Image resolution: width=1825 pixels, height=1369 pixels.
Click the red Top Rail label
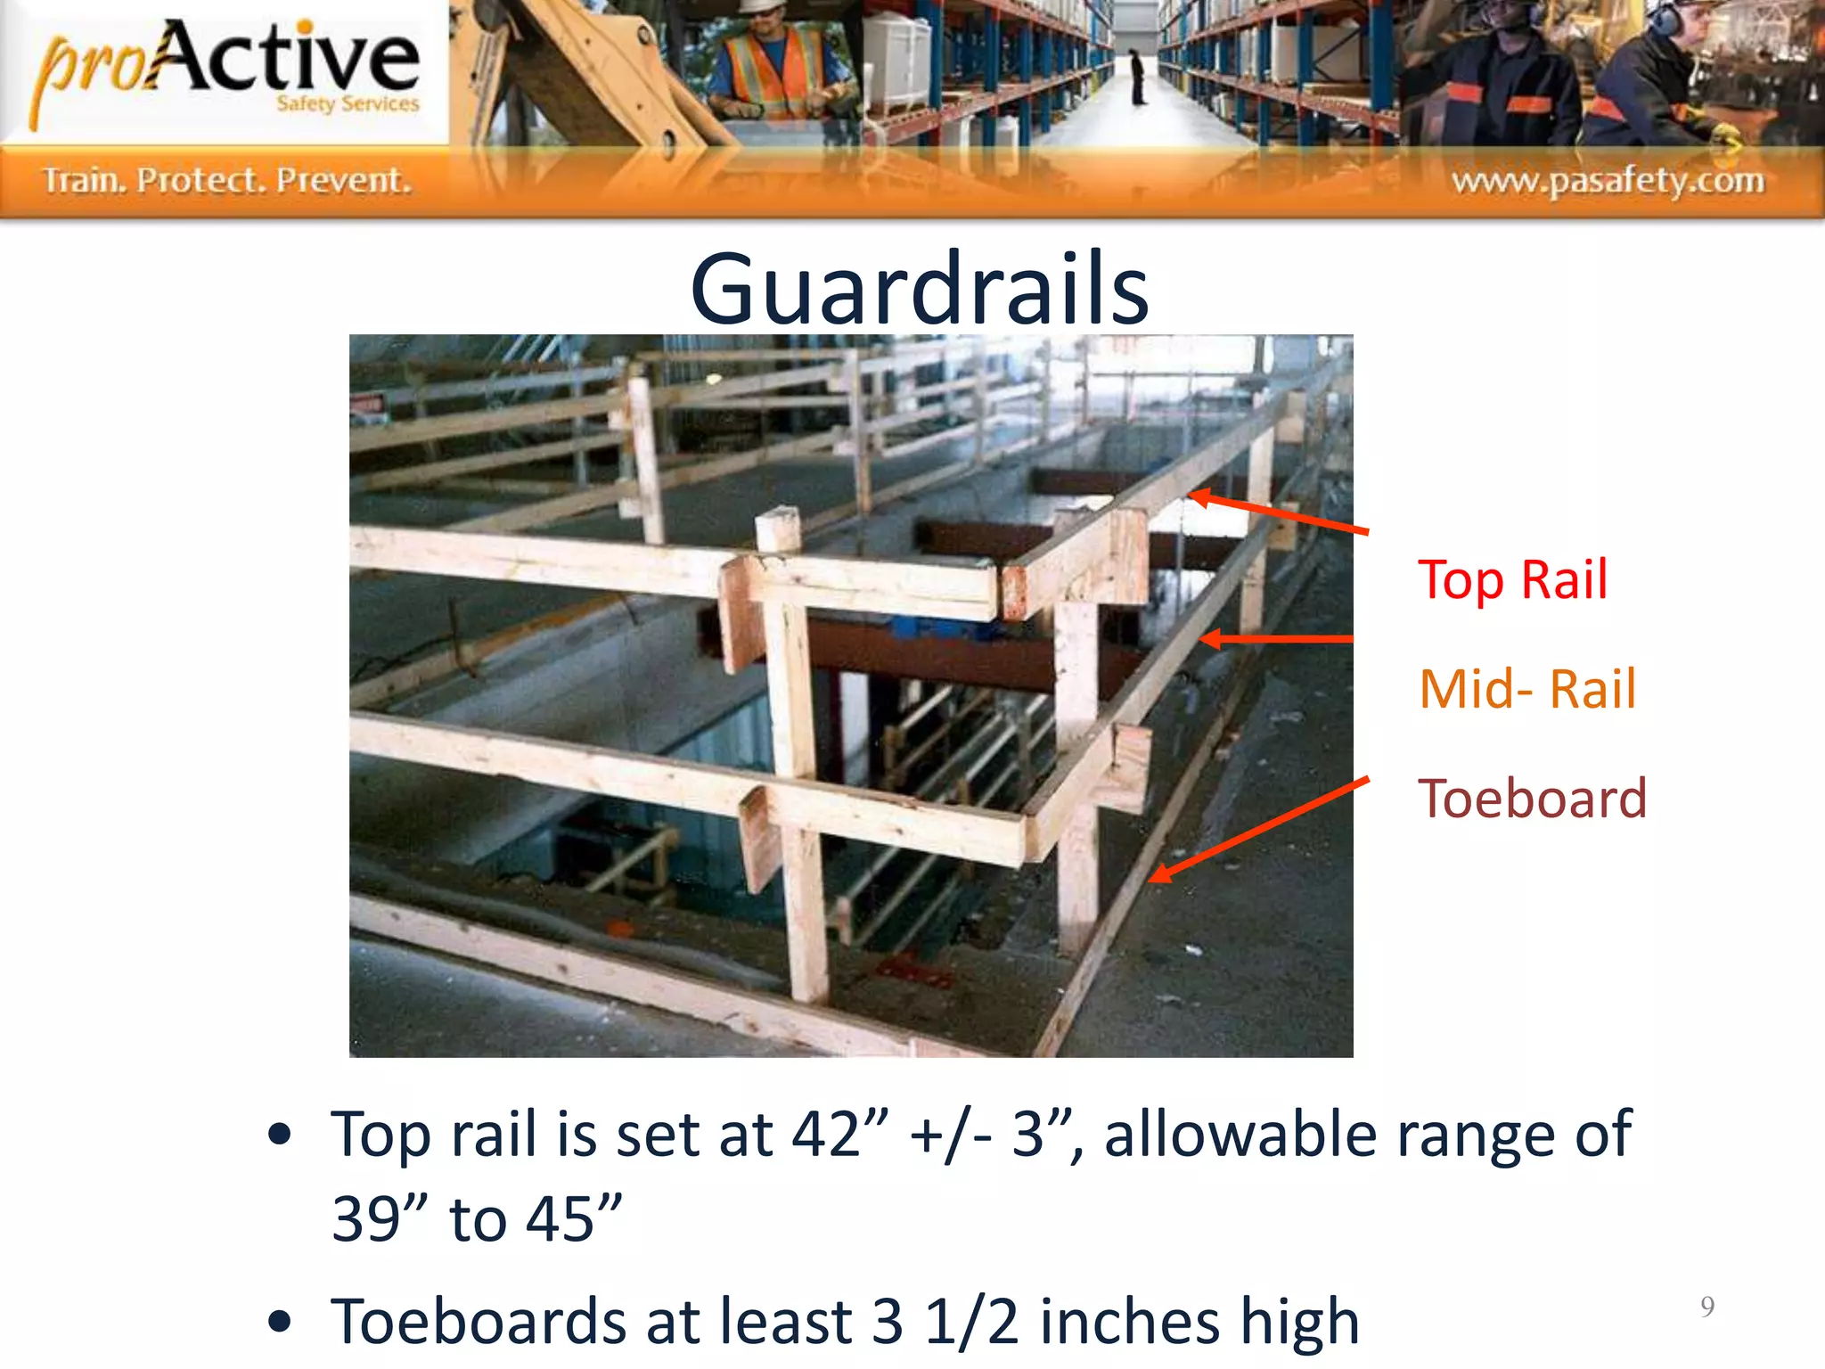click(x=1512, y=580)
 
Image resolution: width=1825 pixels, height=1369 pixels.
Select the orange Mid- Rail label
click(x=1527, y=689)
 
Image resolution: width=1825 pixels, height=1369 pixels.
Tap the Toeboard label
click(x=1532, y=799)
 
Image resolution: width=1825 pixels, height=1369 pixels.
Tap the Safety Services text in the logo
click(x=348, y=104)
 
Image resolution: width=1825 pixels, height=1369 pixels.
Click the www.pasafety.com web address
click(x=1608, y=181)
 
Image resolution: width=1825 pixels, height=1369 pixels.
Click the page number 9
click(x=1706, y=1307)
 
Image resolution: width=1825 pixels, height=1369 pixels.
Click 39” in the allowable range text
click(x=375, y=1218)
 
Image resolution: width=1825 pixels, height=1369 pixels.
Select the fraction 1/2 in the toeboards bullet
click(x=971, y=1321)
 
